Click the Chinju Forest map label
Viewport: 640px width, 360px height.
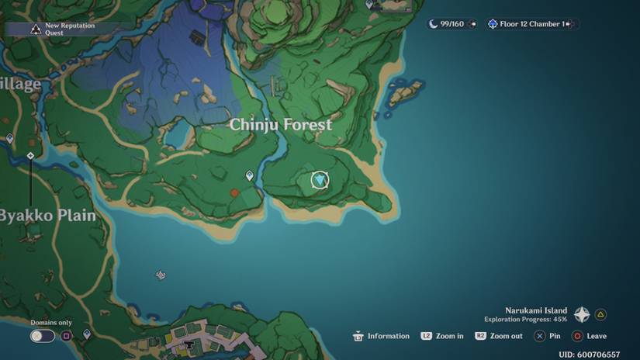[281, 124]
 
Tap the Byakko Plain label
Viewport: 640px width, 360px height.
[48, 216]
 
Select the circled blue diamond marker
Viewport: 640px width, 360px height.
[320, 181]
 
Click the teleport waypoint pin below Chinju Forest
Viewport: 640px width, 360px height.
[250, 176]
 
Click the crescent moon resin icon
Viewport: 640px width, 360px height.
[433, 24]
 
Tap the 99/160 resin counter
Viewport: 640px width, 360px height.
[451, 24]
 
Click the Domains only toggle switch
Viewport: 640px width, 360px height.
[43, 336]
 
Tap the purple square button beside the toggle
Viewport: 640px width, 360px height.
[67, 336]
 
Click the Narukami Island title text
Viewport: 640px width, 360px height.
[536, 310]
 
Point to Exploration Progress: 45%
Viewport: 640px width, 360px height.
[525, 319]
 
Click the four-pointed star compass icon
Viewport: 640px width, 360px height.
[582, 315]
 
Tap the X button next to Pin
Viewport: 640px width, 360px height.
[539, 336]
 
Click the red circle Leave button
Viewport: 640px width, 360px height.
[577, 336]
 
